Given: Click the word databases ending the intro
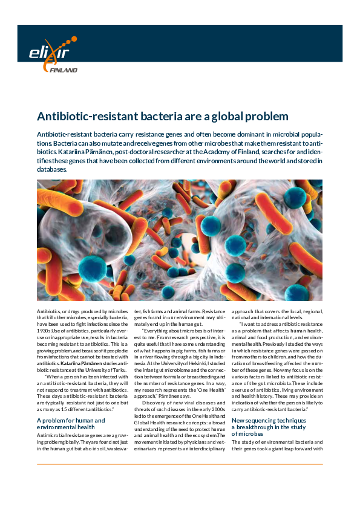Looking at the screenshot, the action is pos(52,169).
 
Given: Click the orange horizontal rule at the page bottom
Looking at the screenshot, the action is pos(180,464).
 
